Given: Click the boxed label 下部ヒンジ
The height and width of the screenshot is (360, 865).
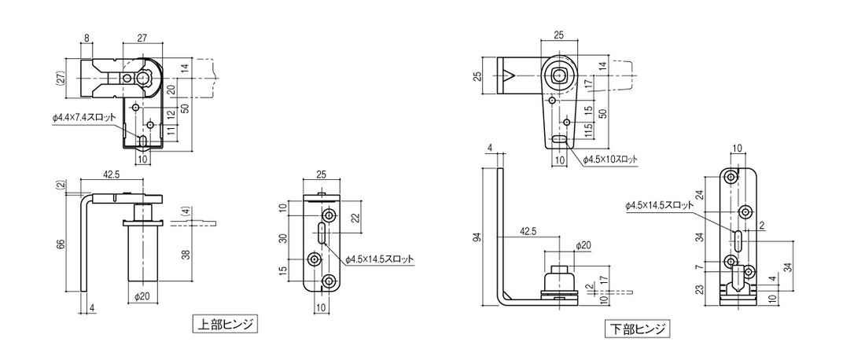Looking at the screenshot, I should click(638, 329).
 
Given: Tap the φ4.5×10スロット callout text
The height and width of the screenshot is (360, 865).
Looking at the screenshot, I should click(611, 160).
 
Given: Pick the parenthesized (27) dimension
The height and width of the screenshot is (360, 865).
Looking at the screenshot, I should click(61, 78).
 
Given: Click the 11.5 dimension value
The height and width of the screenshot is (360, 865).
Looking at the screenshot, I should click(587, 128).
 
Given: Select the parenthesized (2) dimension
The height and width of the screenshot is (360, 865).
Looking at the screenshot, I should click(61, 186).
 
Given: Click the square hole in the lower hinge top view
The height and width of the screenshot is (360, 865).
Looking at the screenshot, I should click(558, 75).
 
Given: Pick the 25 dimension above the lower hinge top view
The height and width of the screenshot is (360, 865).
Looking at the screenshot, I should click(558, 35).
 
